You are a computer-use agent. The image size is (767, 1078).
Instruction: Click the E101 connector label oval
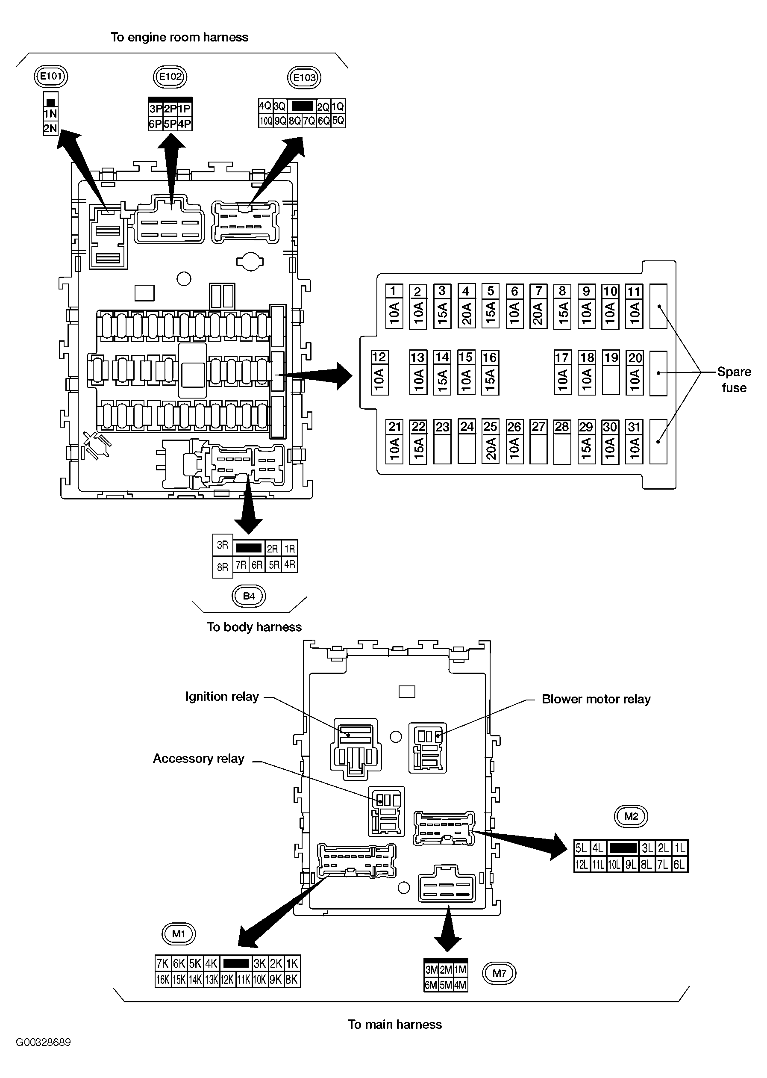pyautogui.click(x=51, y=76)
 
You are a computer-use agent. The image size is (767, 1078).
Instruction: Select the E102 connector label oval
pyautogui.click(x=170, y=77)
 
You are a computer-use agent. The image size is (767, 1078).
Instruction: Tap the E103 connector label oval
pyautogui.click(x=304, y=77)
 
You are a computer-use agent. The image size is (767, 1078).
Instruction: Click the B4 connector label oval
pyautogui.click(x=248, y=596)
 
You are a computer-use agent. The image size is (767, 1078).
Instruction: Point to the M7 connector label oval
pyautogui.click(x=499, y=973)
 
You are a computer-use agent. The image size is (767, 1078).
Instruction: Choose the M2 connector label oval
pyautogui.click(x=631, y=816)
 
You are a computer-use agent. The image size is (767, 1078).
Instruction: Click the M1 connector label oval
pyautogui.click(x=179, y=933)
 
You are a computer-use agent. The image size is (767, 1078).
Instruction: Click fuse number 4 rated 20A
pyautogui.click(x=466, y=306)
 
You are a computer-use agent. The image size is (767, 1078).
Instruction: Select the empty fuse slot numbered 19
pyautogui.click(x=611, y=372)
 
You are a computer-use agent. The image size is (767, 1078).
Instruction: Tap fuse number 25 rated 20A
pyautogui.click(x=490, y=441)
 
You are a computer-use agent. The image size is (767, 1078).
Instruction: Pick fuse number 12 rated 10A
pyautogui.click(x=379, y=372)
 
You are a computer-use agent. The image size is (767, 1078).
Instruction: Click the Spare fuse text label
pyautogui.click(x=734, y=379)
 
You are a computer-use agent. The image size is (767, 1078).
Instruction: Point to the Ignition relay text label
pyautogui.click(x=222, y=697)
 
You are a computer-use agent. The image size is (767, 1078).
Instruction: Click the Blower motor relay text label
pyautogui.click(x=596, y=699)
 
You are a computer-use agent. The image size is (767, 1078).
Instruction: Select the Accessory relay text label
pyautogui.click(x=198, y=759)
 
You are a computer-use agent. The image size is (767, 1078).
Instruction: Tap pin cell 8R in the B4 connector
pyautogui.click(x=223, y=567)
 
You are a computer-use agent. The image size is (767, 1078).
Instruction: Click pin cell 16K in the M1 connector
pyautogui.click(x=162, y=980)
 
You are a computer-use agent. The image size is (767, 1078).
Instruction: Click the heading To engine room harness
pyautogui.click(x=179, y=37)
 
